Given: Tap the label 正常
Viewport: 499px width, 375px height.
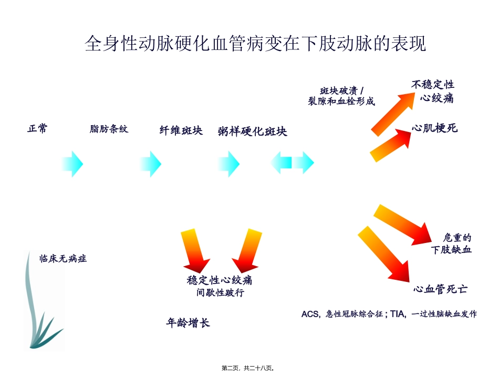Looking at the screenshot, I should tap(37, 128).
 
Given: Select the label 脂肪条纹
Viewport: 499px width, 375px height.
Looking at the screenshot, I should tap(109, 129).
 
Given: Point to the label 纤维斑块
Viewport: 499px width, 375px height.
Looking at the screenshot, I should tap(181, 130).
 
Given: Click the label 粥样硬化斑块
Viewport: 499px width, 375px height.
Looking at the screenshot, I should tap(252, 131).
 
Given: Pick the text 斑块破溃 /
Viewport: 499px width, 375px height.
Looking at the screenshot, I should tap(342, 90).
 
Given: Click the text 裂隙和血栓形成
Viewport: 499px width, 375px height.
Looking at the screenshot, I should tap(341, 102).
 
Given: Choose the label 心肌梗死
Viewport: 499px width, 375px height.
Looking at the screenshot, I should tap(434, 128).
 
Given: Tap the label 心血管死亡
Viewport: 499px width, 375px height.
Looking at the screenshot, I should tap(441, 289).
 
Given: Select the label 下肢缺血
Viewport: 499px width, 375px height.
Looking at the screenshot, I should tap(451, 249).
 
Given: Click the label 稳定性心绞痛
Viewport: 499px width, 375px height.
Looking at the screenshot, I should tap(220, 280).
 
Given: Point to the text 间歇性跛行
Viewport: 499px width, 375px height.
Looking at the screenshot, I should tap(220, 292).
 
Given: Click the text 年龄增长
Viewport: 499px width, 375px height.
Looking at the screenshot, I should tap(188, 322).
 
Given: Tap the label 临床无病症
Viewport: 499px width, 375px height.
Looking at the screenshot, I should tap(63, 258).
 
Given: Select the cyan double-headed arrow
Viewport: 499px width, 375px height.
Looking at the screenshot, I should tap(292, 163).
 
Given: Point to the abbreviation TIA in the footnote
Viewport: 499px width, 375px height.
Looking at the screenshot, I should tap(397, 314).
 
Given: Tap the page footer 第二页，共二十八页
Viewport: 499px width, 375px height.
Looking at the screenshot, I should tap(248, 368).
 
